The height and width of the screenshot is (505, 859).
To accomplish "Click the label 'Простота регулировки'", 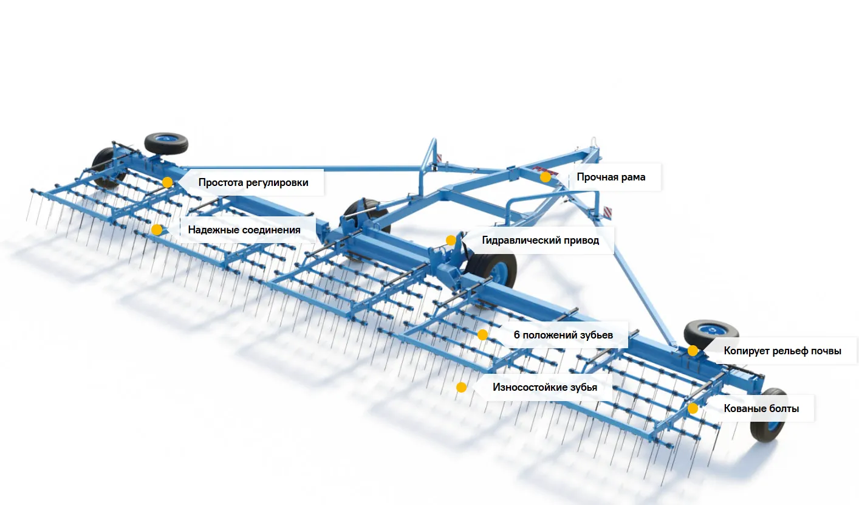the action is tap(253, 183).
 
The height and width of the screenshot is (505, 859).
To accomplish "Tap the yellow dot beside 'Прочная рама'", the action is tap(546, 177).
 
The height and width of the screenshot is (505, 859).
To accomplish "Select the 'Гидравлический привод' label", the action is tap(540, 240).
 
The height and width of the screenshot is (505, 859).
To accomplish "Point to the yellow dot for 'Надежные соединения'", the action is tap(157, 230).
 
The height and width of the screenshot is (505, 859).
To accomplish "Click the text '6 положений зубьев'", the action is tap(563, 335).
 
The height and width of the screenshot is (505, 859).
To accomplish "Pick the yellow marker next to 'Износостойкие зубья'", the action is tap(461, 387).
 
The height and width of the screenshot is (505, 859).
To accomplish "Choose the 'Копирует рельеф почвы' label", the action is tap(782, 351).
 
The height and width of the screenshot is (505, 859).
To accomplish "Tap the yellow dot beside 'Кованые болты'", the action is tap(693, 408).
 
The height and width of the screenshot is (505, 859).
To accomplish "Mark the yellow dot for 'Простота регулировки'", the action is tap(167, 182).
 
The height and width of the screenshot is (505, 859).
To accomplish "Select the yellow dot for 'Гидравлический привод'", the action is tap(451, 240).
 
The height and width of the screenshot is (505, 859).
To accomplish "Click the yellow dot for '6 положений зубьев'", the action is tap(482, 335).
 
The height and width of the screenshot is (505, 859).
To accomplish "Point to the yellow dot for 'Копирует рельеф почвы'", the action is tap(693, 351).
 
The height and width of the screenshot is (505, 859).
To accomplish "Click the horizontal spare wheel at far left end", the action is tap(166, 143).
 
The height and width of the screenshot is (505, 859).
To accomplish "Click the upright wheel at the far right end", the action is tap(769, 415).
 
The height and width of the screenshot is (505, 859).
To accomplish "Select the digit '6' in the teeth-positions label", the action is tap(516, 335).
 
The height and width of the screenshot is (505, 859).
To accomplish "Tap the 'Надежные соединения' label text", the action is tap(244, 230).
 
